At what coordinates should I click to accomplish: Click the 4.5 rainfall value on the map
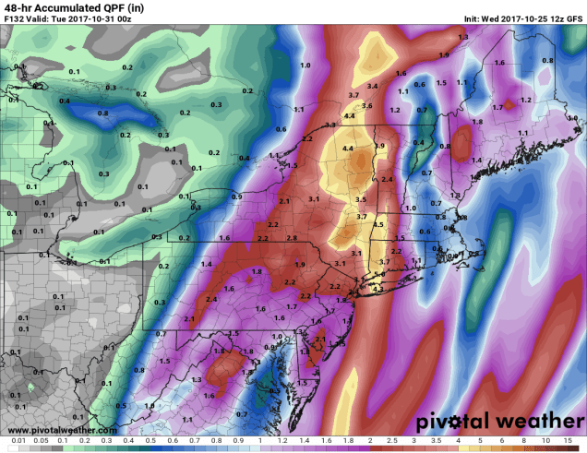click(x=377, y=224)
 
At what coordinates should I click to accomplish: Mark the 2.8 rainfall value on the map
click(x=292, y=238)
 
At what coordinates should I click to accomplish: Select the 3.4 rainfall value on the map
click(x=372, y=86)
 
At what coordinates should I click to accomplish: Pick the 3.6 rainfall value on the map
click(x=366, y=106)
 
